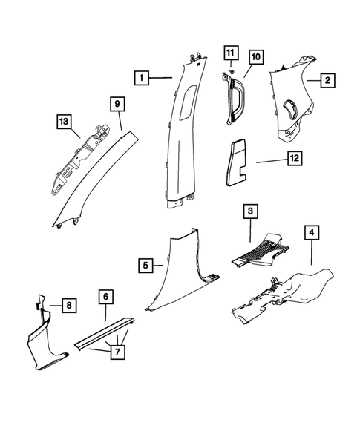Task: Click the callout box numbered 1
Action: click(141, 76)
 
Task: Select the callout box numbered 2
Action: click(325, 80)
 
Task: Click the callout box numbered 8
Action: click(66, 304)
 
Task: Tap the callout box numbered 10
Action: click(255, 56)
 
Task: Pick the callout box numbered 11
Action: click(230, 53)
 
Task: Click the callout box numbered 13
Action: click(65, 121)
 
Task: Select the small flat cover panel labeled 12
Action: click(238, 159)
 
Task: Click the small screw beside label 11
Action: click(231, 70)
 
